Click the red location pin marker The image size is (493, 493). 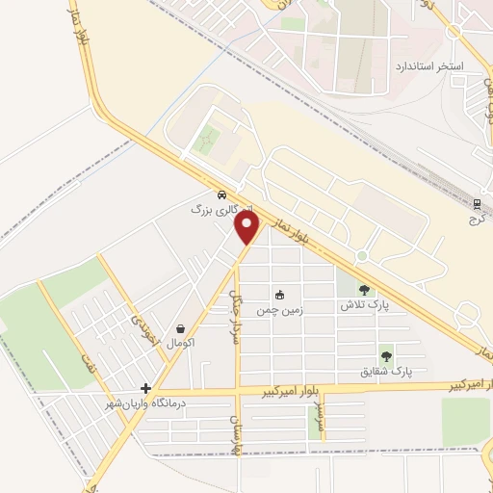pyautogui.click(x=247, y=227)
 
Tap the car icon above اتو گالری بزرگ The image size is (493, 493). pyautogui.click(x=222, y=193)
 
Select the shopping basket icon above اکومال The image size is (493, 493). pyautogui.click(x=182, y=328)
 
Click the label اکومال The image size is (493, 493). pyautogui.click(x=181, y=343)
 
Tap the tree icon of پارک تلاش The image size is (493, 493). pyautogui.click(x=363, y=289)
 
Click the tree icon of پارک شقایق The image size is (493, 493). pyautogui.click(x=386, y=356)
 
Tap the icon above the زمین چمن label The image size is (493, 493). pyautogui.click(x=280, y=295)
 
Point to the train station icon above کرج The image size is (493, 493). pyautogui.click(x=476, y=203)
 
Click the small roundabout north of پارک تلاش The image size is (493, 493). pyautogui.click(x=362, y=256)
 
